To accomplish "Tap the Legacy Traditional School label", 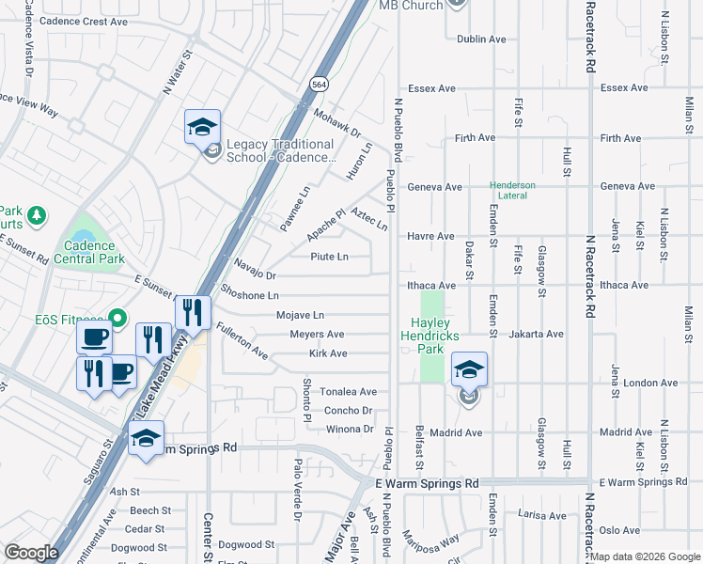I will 279,150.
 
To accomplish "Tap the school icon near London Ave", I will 469,369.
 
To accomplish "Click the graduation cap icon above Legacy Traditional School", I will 202,126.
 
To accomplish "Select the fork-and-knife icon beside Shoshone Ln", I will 192,311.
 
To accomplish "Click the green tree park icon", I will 37,216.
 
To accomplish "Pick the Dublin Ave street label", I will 481,39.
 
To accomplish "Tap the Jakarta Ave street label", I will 537,334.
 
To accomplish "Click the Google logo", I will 32,553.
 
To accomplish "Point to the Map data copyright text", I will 645,556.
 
